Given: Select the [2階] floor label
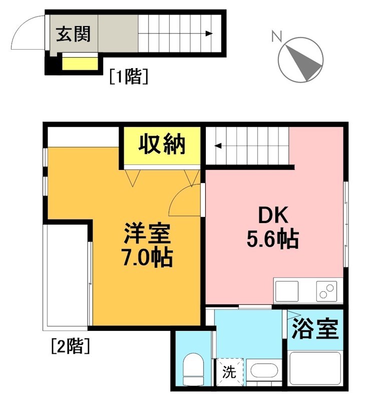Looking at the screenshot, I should coord(70,345).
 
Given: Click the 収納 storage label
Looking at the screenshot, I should coord(162,145).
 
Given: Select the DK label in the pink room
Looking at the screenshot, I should coord(272,216).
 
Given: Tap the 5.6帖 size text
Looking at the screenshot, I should coord(272,240).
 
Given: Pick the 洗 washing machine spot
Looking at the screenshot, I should coord(229,373).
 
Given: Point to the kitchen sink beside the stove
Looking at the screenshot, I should coord(287,291).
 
